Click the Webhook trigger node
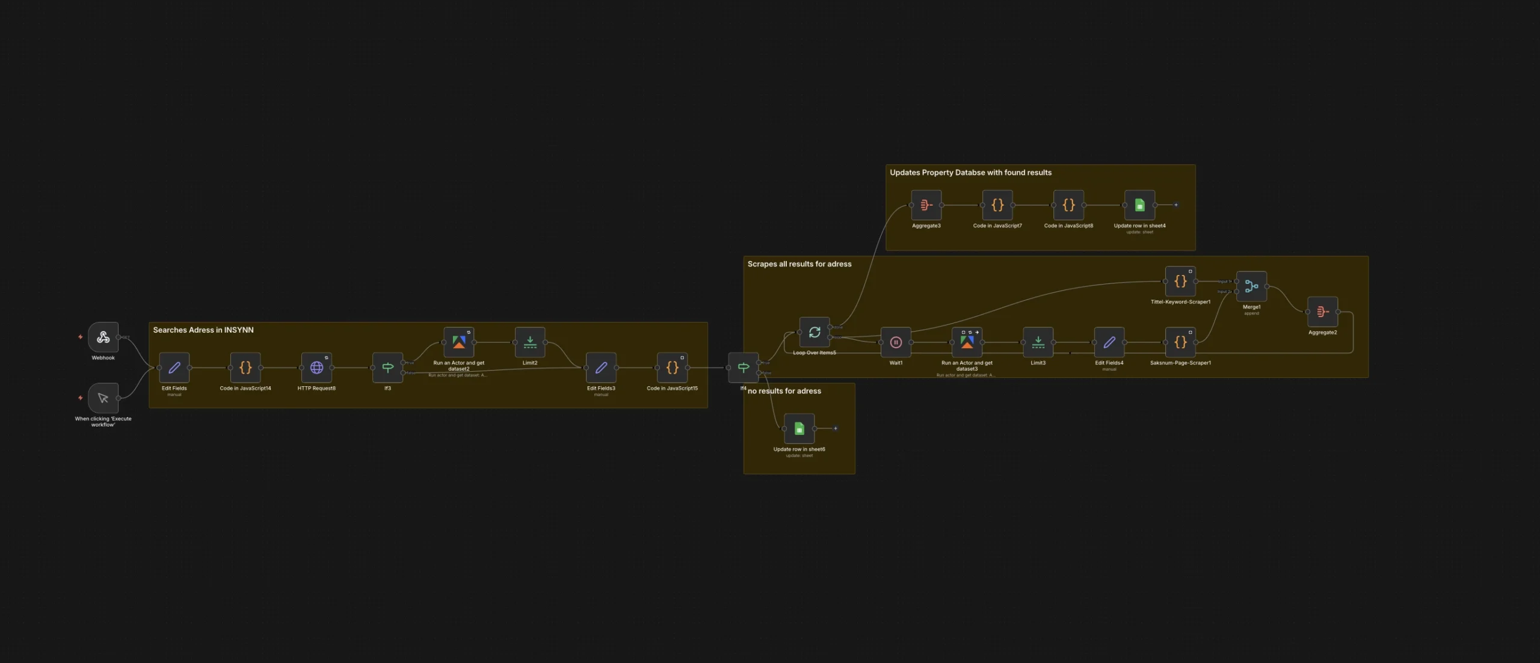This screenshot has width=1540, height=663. (103, 338)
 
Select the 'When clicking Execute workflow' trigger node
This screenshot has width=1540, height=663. (103, 398)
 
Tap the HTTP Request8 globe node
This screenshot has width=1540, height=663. (316, 368)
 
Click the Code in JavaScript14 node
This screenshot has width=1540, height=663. (245, 368)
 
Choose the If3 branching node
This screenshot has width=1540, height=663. (387, 368)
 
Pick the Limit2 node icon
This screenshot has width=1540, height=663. (530, 342)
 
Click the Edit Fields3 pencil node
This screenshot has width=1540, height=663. (601, 368)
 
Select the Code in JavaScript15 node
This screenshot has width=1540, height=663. (672, 368)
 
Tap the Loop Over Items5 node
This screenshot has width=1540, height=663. (815, 332)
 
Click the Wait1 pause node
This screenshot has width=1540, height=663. (896, 342)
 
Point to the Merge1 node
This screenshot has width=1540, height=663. (1251, 286)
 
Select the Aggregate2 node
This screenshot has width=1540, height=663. (1322, 312)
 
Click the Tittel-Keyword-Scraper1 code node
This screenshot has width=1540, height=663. (1180, 282)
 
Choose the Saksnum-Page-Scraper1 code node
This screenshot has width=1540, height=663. (1180, 342)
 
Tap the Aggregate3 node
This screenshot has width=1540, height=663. (926, 205)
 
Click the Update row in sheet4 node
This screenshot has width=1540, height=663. (1139, 205)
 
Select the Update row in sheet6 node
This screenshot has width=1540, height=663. (799, 428)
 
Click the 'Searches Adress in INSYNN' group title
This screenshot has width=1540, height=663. (203, 330)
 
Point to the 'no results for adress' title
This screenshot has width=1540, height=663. (784, 391)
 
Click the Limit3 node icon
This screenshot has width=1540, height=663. (1038, 342)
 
